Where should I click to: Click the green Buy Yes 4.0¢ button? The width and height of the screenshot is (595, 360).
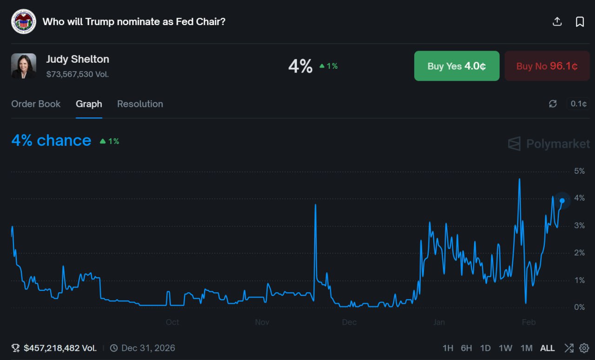[456, 66]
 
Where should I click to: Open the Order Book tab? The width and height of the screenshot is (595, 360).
[36, 104]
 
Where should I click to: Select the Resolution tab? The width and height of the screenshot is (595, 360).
[140, 104]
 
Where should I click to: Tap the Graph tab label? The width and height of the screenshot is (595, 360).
[89, 104]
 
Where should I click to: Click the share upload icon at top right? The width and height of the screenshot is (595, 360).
[557, 22]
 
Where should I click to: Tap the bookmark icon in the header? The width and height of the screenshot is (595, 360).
[580, 22]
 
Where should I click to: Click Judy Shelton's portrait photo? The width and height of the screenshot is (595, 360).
[24, 66]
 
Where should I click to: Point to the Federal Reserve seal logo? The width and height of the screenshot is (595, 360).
[24, 21]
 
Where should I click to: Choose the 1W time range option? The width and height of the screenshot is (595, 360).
[505, 348]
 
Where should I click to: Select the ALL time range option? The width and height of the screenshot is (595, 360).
[547, 348]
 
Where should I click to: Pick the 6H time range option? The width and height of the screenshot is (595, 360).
[466, 348]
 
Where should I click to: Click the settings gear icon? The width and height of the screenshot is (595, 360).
[584, 348]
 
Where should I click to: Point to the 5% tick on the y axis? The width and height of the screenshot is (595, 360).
[579, 171]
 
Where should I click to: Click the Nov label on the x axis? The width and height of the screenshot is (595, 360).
[262, 322]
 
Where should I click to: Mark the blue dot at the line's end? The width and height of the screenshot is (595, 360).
[562, 201]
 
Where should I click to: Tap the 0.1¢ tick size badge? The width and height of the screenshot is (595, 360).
[578, 104]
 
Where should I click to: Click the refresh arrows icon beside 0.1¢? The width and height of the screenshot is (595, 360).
[553, 104]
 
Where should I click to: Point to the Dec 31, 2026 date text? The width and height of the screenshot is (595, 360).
[148, 348]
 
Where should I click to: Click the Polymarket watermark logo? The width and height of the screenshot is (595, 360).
[549, 144]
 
